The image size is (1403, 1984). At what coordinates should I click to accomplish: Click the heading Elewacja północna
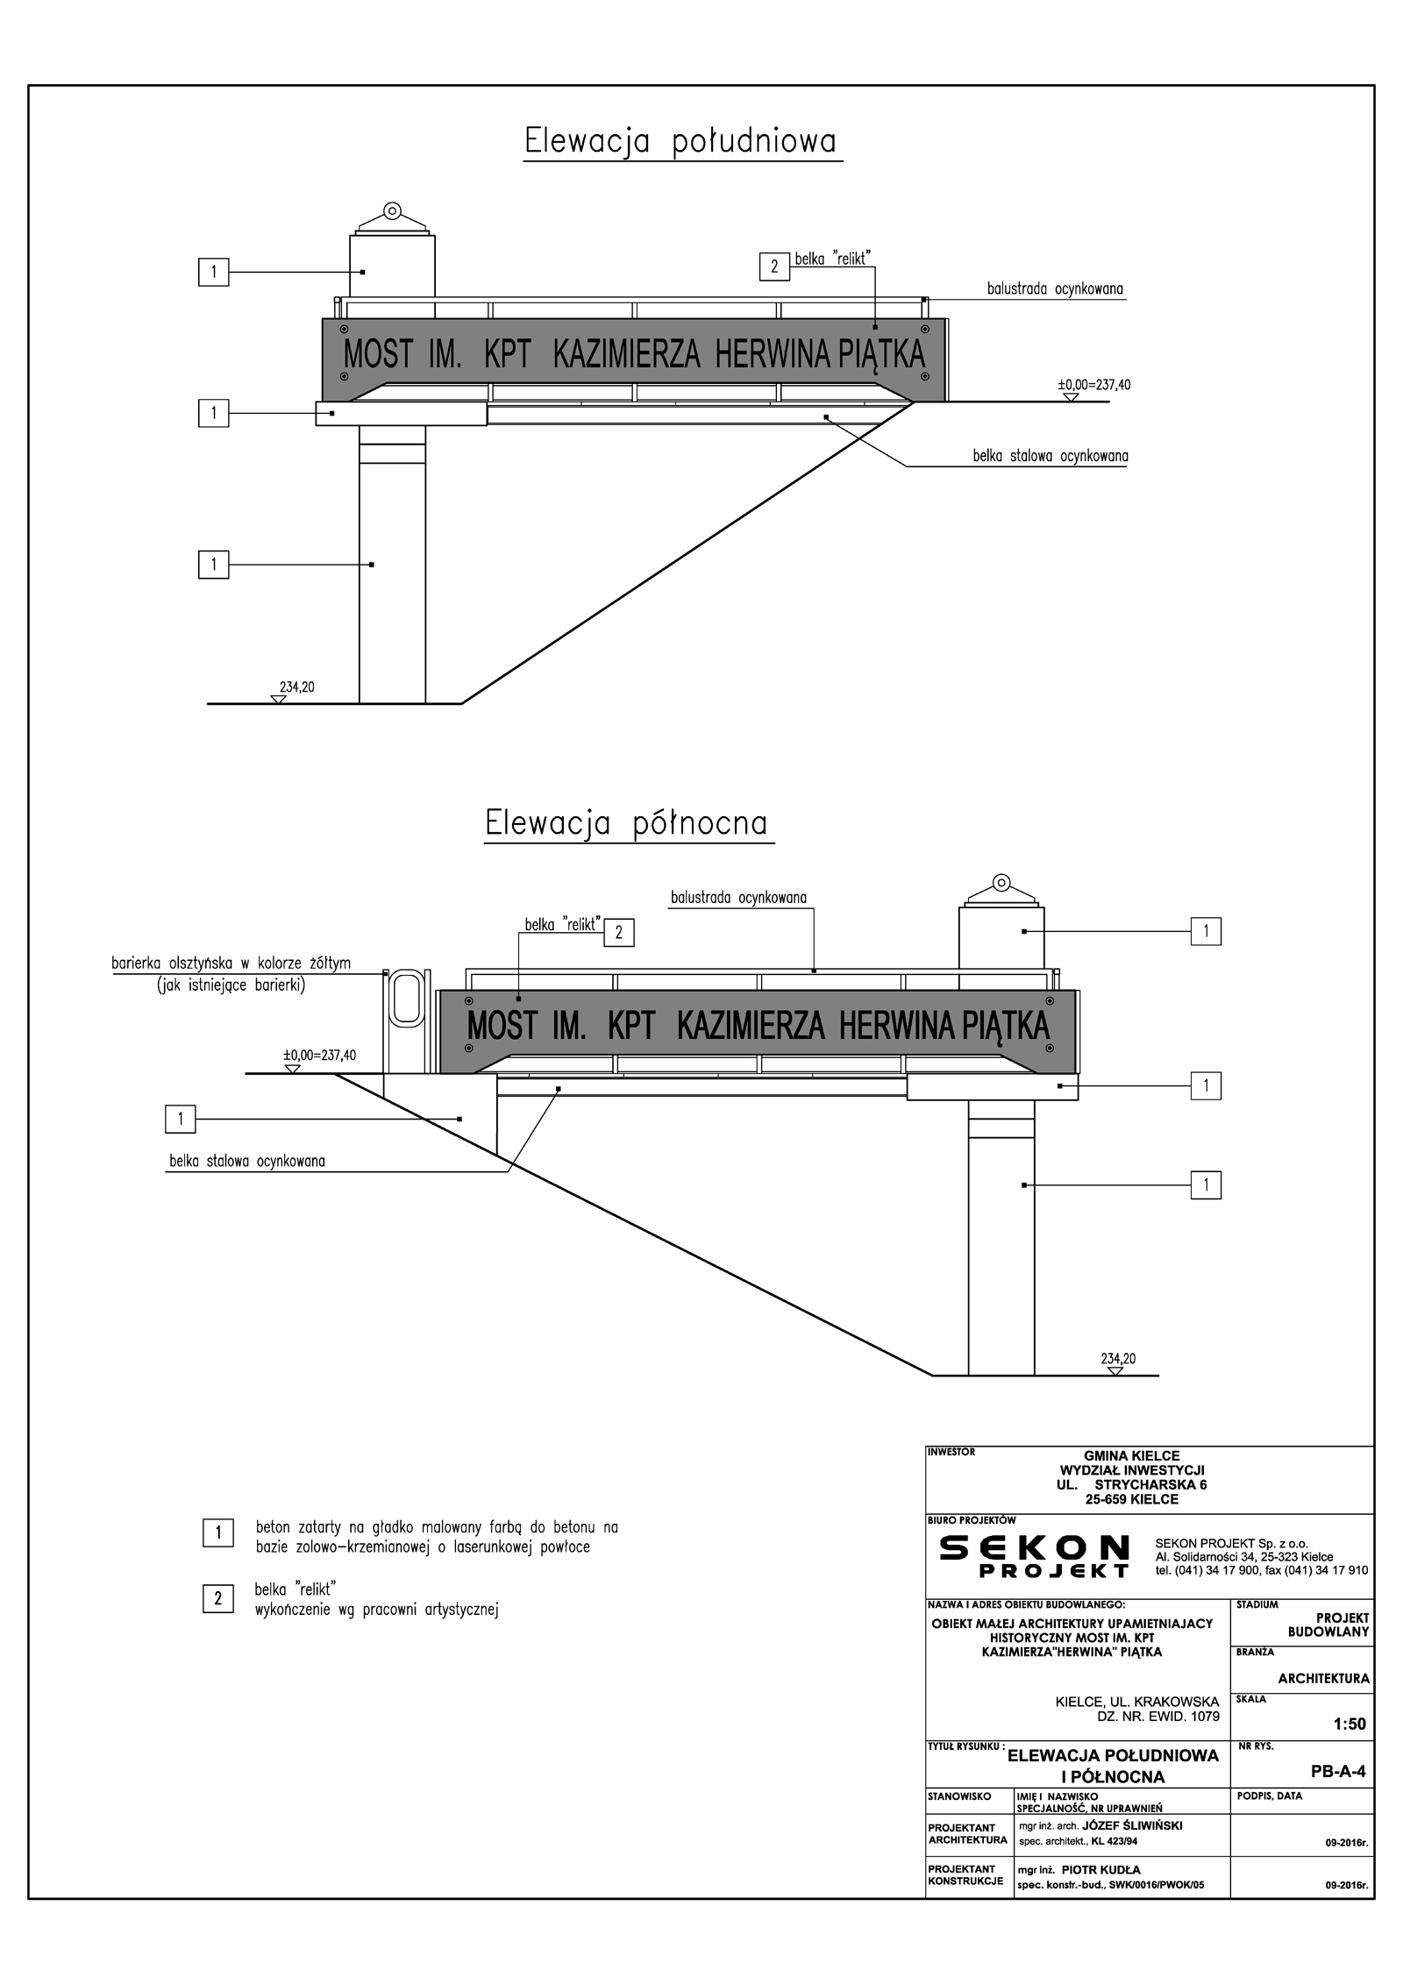pyautogui.click(x=626, y=823)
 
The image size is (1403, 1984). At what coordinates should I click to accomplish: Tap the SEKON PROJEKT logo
pyautogui.click(x=1034, y=1558)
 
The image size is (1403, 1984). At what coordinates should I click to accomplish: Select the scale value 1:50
pyautogui.click(x=1350, y=1724)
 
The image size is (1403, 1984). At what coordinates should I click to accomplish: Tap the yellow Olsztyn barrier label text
pyautogui.click(x=231, y=964)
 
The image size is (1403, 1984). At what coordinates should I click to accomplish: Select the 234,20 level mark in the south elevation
pyautogui.click(x=296, y=687)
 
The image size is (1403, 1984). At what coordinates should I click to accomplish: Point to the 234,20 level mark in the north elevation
pyautogui.click(x=1118, y=1359)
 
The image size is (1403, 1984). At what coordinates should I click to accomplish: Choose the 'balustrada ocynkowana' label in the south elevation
pyautogui.click(x=1055, y=288)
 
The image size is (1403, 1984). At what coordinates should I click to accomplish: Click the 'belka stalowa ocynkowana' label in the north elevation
pyautogui.click(x=247, y=1162)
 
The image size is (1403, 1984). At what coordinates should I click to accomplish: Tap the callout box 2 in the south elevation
pyautogui.click(x=774, y=267)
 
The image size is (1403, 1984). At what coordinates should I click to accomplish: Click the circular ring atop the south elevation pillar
pyautogui.click(x=392, y=210)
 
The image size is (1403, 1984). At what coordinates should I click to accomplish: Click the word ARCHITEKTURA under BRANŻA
pyautogui.click(x=1323, y=1679)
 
